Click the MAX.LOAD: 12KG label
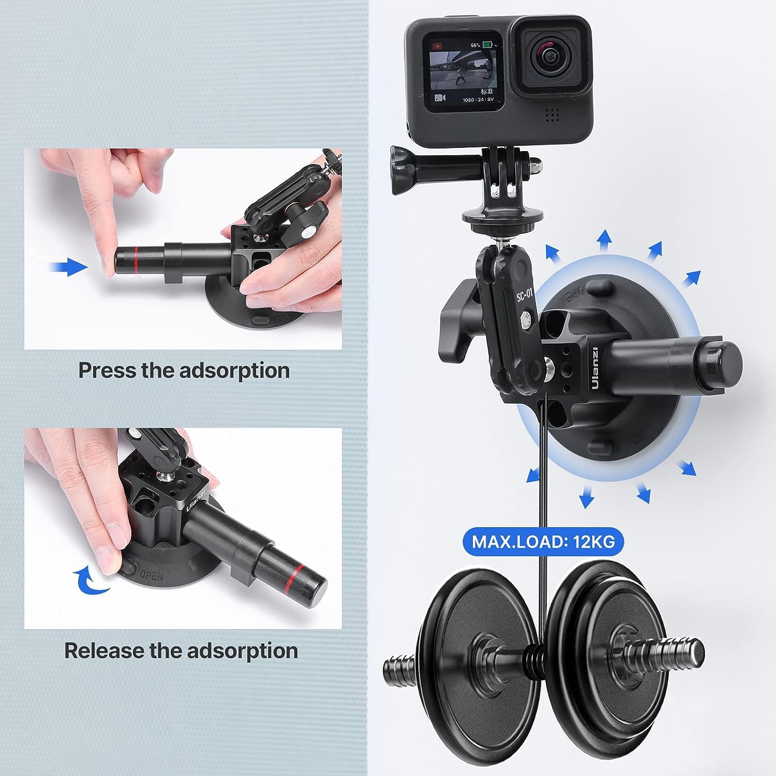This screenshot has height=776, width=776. (543, 541)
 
